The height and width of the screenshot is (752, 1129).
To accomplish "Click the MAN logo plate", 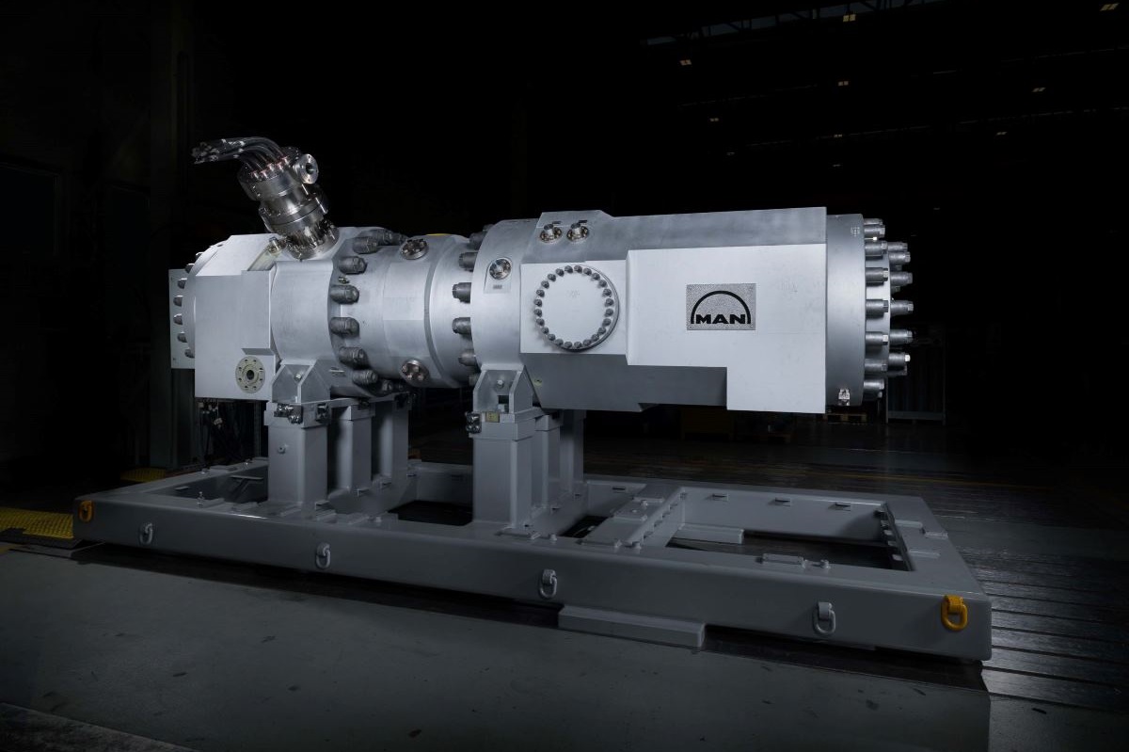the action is tap(721, 307).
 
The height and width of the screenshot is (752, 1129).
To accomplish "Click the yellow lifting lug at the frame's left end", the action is tap(85, 510).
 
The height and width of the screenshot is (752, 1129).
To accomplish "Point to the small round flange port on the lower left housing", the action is tap(250, 374).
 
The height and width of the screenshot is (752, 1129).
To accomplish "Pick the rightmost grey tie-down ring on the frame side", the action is tap(824, 618).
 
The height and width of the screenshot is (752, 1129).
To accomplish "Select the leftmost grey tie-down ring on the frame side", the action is tap(147, 533).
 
